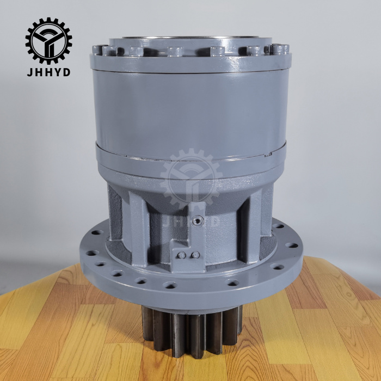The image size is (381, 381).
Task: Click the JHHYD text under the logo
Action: [48, 72]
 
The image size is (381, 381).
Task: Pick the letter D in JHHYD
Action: [66, 72]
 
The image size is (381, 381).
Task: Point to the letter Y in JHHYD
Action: [57, 72]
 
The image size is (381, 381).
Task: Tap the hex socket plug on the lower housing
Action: [196, 220]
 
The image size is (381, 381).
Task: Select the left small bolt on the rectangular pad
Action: [181, 255]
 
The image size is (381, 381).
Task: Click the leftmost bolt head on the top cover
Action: [97, 50]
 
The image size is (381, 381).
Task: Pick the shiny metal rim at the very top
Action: [190, 38]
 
